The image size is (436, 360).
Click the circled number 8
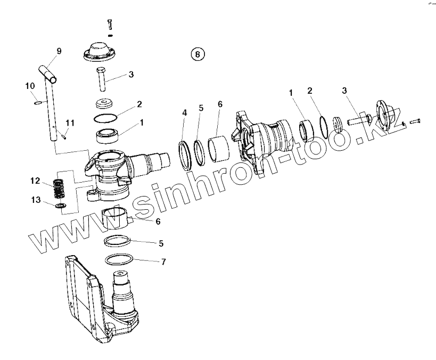197,54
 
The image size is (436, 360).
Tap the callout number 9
59,51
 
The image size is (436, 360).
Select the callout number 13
36,200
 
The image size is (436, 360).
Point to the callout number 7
163,261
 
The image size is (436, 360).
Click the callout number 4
185,112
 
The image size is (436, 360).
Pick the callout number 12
35,181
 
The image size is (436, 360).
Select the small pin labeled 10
38,103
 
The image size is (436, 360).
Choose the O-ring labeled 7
118,260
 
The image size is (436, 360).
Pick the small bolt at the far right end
415,120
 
